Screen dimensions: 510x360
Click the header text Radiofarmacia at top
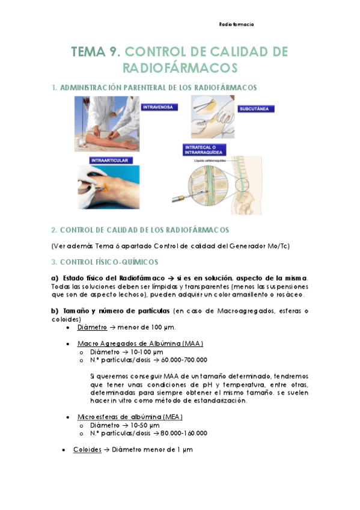pos(236,25)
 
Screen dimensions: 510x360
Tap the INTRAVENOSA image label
pos(158,107)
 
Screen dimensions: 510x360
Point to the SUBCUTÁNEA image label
pos(257,109)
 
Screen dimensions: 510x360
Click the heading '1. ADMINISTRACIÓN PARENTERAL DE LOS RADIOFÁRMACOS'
pos(154,88)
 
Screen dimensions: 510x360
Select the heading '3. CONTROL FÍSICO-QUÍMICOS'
pos(105,262)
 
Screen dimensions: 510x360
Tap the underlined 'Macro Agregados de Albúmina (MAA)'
pos(140,343)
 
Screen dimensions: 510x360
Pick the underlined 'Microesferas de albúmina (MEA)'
pos(130,416)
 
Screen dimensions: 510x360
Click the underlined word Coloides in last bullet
pos(87,449)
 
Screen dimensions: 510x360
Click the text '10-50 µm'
pos(145,425)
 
